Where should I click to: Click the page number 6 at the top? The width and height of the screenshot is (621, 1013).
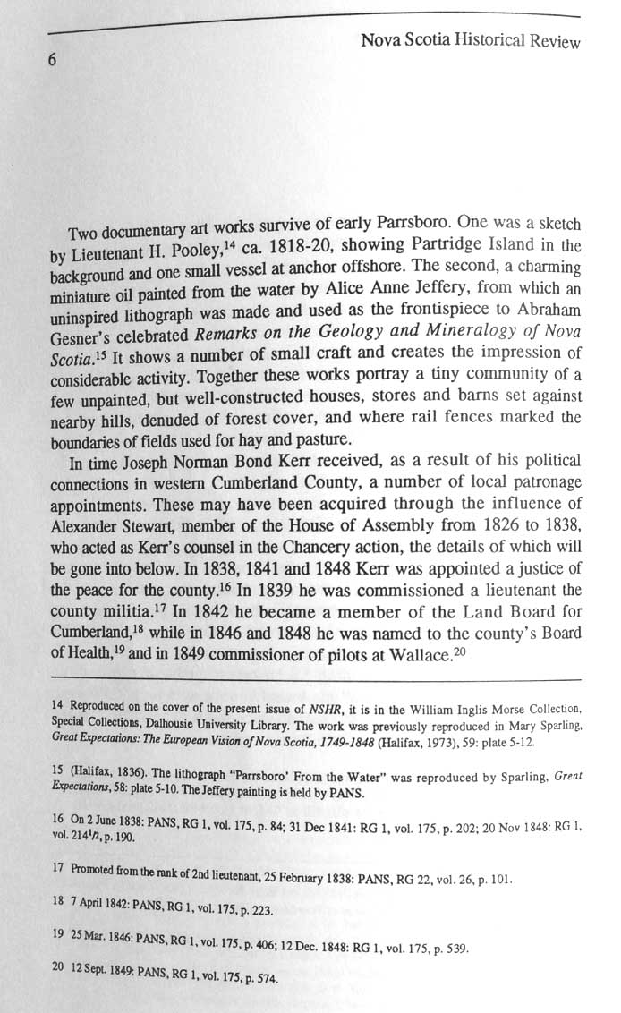(x=53, y=61)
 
